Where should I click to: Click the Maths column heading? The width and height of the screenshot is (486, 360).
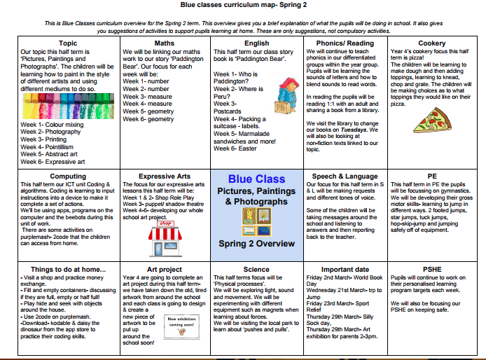pos(165,43)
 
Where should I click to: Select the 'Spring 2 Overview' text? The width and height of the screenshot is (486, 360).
pos(256,243)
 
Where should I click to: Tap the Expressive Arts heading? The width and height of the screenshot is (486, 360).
pos(165,176)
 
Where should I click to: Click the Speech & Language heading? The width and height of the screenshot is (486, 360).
pos(345,176)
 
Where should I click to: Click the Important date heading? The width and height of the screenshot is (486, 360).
pos(345,269)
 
